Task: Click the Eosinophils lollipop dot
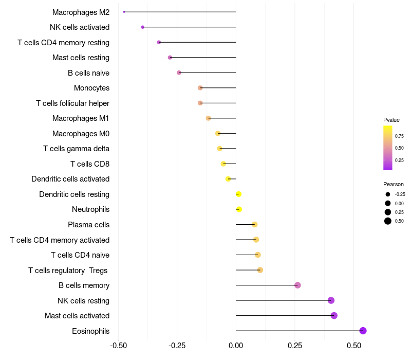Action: pos(363,331)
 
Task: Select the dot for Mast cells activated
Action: pos(334,315)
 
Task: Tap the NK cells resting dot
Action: pos(331,300)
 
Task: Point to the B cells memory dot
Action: pos(297,285)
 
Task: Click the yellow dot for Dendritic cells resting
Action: pos(238,194)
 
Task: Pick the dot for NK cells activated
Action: pos(142,27)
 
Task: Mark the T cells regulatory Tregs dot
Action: pos(260,270)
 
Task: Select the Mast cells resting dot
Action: pos(170,57)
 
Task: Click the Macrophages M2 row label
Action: pos(81,12)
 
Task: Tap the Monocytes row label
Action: pos(91,88)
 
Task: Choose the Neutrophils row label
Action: pos(90,209)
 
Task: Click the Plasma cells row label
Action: pos(88,225)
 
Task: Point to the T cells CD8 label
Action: pos(90,164)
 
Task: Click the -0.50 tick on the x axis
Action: pos(118,345)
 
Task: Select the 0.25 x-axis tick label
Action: pos(294,345)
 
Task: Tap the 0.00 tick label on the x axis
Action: pos(236,345)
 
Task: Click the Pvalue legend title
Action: pos(391,120)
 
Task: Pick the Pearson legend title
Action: pos(394,184)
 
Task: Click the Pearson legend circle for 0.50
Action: pos(388,221)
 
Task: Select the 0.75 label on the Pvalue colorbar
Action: pos(399,136)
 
